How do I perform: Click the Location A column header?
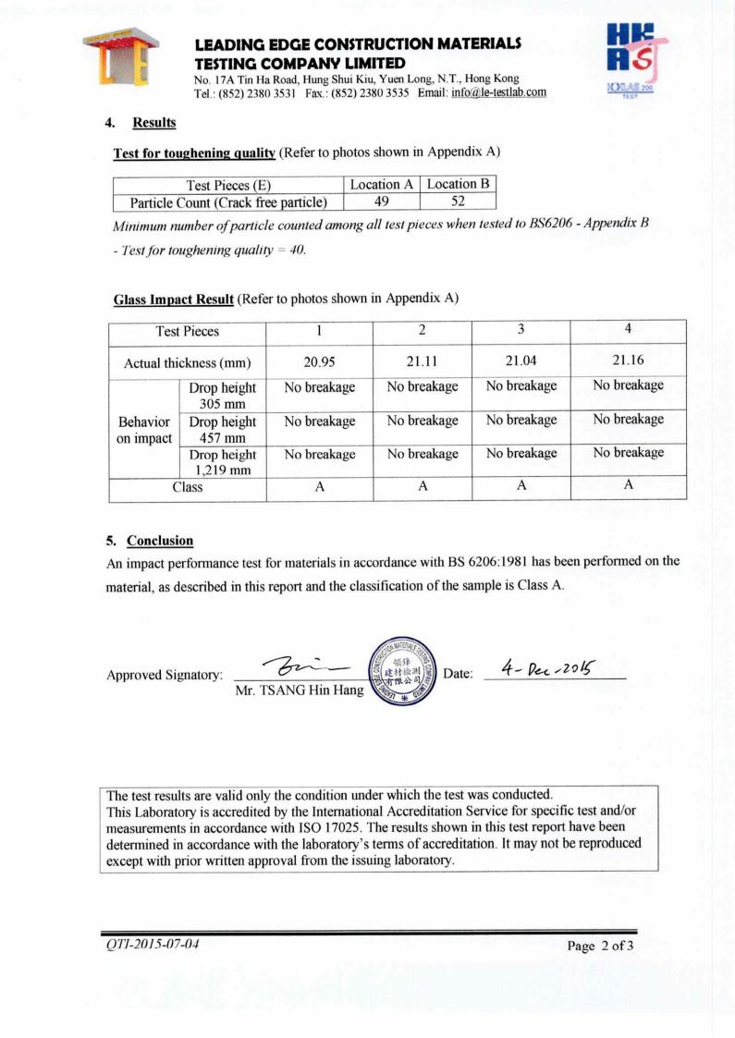[x=382, y=184]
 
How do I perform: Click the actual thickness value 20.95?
[x=319, y=361]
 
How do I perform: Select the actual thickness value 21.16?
[x=628, y=361]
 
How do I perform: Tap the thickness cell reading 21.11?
[x=423, y=361]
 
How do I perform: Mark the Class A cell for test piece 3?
[x=521, y=487]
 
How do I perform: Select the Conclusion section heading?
[x=159, y=540]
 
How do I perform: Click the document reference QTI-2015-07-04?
[x=152, y=944]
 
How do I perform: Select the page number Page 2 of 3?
[x=600, y=946]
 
